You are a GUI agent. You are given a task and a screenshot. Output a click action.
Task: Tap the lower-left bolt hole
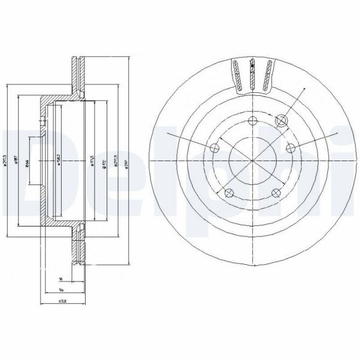click(229, 192)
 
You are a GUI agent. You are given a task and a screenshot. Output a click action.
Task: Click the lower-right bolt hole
click(276, 192)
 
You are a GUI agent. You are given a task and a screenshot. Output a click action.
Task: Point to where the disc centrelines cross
click(252, 160)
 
